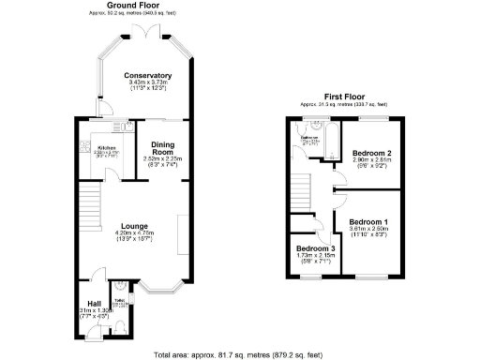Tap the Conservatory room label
pos(148,75)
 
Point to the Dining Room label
pos(163,148)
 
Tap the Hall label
pos(94,304)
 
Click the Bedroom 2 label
pos(371,154)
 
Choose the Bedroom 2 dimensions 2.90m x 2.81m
pos(371,161)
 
